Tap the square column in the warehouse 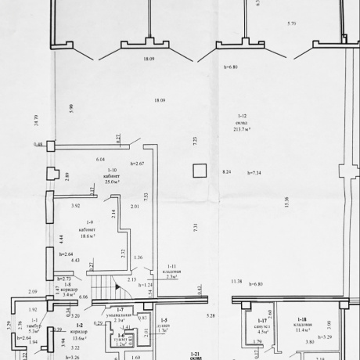[x=200, y=171]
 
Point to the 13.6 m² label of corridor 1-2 [x=79, y=338]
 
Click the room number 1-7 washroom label [x=118, y=310]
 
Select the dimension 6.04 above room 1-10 [x=100, y=159]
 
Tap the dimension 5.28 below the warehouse [x=211, y=315]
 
